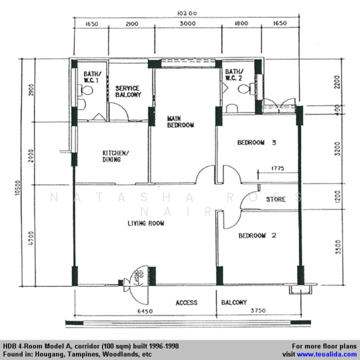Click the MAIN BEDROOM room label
(x=180, y=120)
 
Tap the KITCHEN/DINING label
(x=116, y=157)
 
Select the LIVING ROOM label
(x=145, y=223)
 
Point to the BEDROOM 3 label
(x=257, y=142)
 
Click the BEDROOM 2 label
(x=257, y=236)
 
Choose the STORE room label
(x=276, y=199)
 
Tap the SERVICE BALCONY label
(x=128, y=92)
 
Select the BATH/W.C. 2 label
(x=234, y=75)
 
